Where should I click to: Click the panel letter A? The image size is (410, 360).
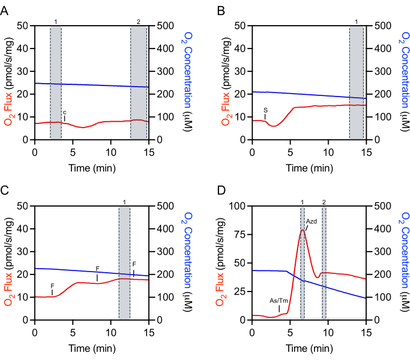[x=6, y=9]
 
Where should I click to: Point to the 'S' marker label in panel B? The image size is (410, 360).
[x=265, y=109]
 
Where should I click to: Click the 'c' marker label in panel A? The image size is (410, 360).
[x=64, y=111]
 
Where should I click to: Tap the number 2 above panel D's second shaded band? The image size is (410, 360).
[x=324, y=202]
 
